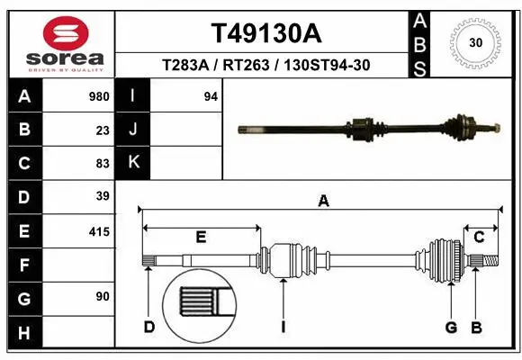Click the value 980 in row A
[100, 95]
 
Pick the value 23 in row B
[103, 130]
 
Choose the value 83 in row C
[103, 164]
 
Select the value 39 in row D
[103, 196]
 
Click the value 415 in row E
[100, 231]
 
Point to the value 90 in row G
[103, 296]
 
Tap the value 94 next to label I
[211, 95]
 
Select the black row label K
[133, 162]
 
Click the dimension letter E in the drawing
[201, 237]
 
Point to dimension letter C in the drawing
[479, 237]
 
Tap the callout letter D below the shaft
[149, 326]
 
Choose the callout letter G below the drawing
[451, 326]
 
